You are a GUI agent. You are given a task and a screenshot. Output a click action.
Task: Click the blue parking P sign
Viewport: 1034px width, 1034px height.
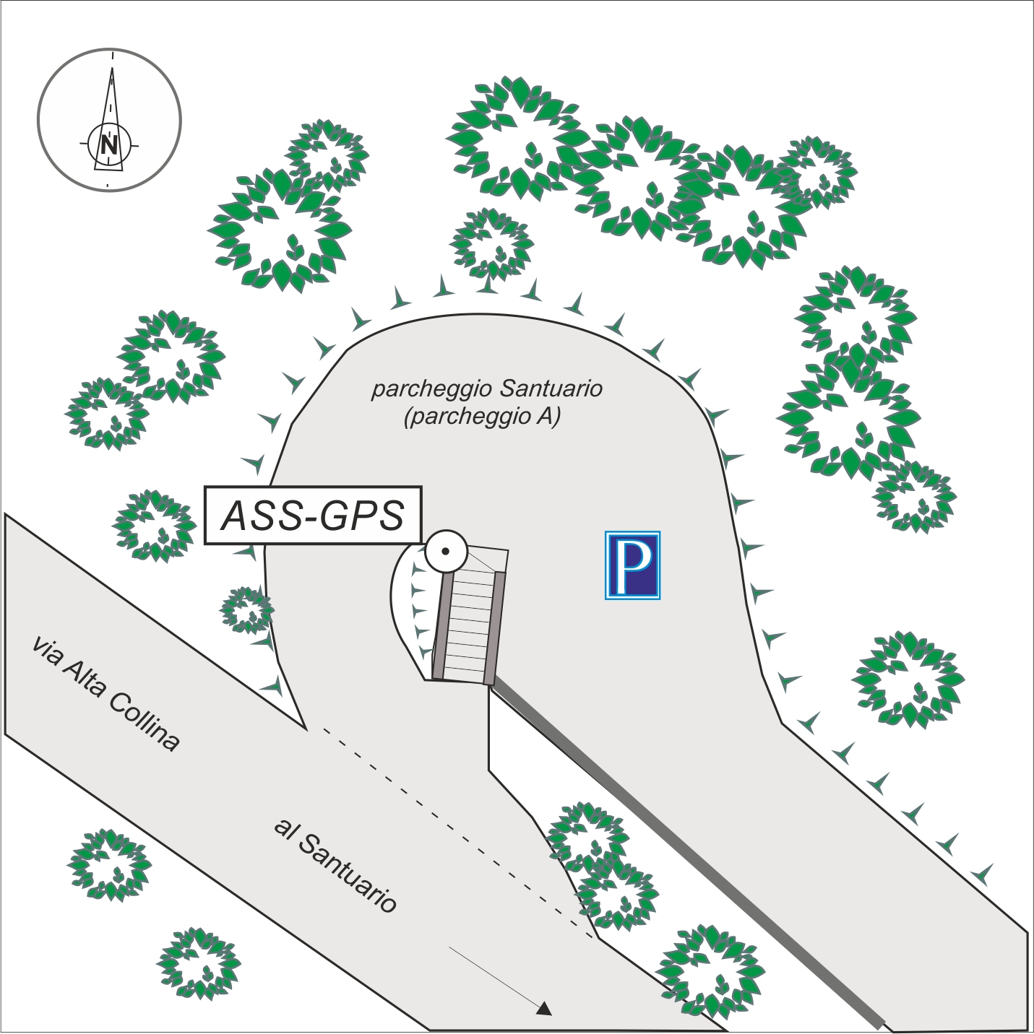click(x=632, y=565)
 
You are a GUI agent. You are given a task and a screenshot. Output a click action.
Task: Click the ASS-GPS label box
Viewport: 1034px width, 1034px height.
click(x=313, y=515)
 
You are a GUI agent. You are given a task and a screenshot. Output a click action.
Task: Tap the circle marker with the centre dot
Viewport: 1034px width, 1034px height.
click(x=446, y=552)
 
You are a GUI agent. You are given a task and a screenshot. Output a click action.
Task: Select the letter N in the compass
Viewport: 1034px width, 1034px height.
click(x=110, y=144)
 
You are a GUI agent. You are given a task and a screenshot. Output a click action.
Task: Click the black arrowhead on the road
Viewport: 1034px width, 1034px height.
click(x=545, y=1009)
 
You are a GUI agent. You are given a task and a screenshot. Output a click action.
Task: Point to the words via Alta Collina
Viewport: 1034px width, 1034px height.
click(x=105, y=693)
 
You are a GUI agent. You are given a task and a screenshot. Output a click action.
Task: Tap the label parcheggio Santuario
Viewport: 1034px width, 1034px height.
click(x=486, y=389)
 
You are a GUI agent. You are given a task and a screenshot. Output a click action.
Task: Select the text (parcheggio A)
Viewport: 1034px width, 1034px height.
click(x=482, y=417)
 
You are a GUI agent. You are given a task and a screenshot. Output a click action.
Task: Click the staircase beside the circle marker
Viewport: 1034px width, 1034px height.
click(x=469, y=620)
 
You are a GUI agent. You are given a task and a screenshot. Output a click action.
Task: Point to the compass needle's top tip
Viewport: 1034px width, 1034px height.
click(x=112, y=69)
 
